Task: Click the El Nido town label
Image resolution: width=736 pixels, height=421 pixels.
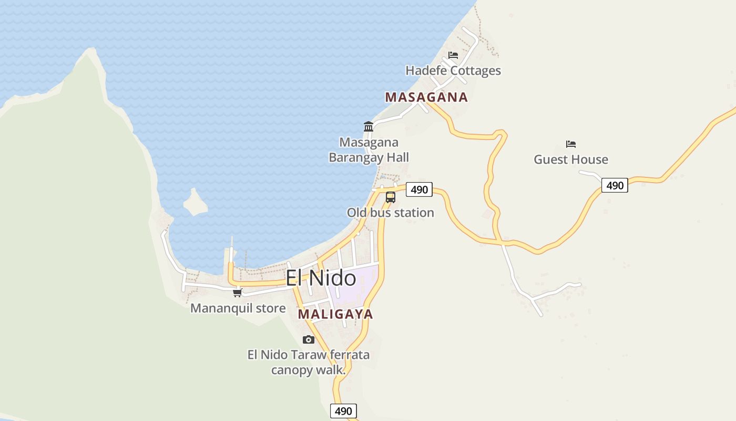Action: click(321, 278)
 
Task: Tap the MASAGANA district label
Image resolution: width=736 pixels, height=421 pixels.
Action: click(426, 97)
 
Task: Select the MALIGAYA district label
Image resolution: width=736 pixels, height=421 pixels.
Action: click(335, 314)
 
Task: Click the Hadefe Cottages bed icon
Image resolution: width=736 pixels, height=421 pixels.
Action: click(453, 55)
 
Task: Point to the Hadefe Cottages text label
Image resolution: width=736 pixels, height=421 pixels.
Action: click(453, 71)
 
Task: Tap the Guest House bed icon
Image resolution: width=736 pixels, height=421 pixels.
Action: click(571, 144)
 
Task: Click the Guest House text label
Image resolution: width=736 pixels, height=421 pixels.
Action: click(571, 159)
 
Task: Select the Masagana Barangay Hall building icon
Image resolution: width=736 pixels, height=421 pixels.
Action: click(369, 126)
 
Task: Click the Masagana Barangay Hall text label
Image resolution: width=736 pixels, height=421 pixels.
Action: click(369, 150)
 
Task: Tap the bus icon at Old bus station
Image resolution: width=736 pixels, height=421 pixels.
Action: click(390, 197)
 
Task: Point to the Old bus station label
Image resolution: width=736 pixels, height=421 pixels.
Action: click(390, 213)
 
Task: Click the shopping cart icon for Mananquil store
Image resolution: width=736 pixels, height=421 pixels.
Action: click(238, 293)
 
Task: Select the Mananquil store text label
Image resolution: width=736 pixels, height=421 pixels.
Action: click(238, 308)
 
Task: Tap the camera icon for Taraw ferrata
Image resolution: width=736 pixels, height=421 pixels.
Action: click(309, 339)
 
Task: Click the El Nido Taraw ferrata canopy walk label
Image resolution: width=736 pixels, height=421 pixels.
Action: click(309, 362)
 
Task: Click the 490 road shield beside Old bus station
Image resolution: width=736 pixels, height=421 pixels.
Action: click(419, 189)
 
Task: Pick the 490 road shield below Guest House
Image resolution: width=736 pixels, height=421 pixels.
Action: click(615, 185)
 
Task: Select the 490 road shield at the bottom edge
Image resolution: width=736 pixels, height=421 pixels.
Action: click(343, 411)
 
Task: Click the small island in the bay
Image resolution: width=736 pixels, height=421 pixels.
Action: click(196, 203)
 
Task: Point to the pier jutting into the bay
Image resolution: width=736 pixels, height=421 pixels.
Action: click(231, 253)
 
